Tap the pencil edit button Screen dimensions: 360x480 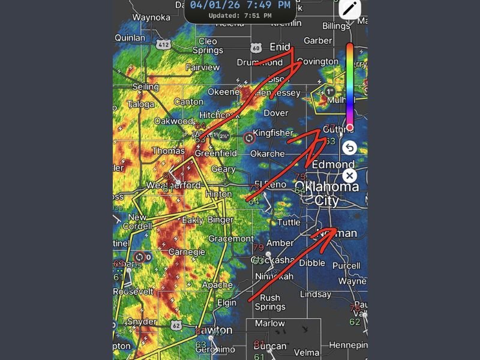coord(350,9)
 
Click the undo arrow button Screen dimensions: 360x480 coord(349,147)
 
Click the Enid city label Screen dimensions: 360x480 coord(280,47)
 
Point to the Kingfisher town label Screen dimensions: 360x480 coord(273,133)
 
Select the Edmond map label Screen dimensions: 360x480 coord(333,164)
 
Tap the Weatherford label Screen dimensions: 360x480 coord(173,185)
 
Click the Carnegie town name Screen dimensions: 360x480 coord(184,252)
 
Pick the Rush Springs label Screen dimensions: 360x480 coord(270,302)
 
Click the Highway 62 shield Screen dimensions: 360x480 coord(176,325)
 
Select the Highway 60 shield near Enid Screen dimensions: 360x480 coord(257,48)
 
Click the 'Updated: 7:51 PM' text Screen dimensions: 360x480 coord(239,16)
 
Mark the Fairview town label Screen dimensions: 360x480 coord(203,68)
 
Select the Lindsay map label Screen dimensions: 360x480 coord(316,295)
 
